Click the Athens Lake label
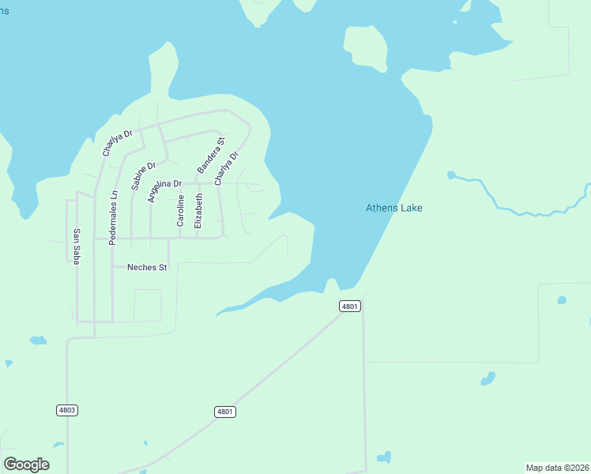(x=393, y=209)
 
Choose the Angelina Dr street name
(x=164, y=190)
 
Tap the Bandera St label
(x=211, y=156)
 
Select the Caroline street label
(x=181, y=211)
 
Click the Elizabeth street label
(x=198, y=211)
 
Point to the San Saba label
(x=76, y=246)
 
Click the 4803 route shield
(x=67, y=410)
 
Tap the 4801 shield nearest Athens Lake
(x=350, y=306)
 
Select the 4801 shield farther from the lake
(x=225, y=412)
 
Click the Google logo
(x=26, y=465)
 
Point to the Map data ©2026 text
(x=556, y=468)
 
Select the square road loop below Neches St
(x=148, y=305)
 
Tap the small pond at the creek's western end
(x=451, y=175)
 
